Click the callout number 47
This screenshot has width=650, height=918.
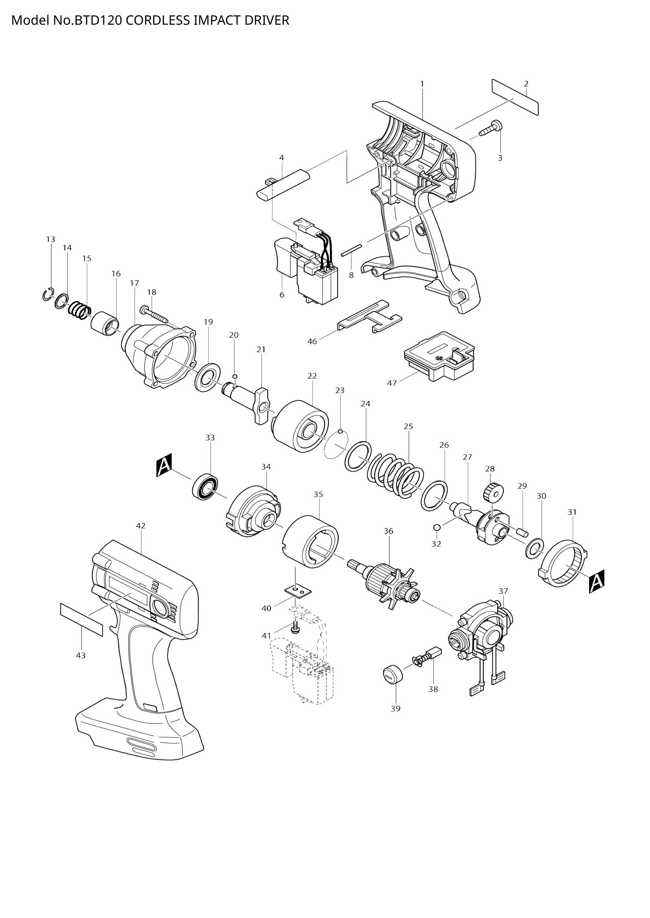[x=392, y=383]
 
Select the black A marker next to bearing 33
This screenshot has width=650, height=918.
[x=164, y=465]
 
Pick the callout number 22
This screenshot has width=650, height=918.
[x=312, y=376]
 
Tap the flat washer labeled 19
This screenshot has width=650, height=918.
[x=208, y=378]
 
